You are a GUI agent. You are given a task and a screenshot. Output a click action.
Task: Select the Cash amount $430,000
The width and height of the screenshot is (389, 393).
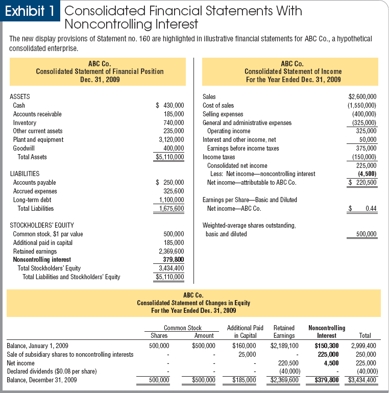tap(170, 105)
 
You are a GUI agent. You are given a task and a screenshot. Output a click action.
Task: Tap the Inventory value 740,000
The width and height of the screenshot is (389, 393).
tap(173, 122)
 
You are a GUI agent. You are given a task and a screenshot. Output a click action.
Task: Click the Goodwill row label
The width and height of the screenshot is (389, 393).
tap(24, 148)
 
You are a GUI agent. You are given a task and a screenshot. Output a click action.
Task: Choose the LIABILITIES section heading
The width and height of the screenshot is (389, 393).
tap(25, 174)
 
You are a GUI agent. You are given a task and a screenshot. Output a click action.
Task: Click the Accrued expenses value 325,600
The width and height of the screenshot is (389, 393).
tap(173, 191)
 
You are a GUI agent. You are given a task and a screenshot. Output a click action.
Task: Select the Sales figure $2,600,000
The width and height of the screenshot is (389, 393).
tap(362, 96)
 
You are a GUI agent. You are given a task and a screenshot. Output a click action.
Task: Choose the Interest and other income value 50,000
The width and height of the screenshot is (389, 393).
tap(367, 139)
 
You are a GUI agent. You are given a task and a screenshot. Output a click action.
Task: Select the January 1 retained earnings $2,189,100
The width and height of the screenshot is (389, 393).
tap(284, 346)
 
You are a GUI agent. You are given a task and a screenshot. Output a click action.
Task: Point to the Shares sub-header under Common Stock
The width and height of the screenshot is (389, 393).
tap(159, 335)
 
